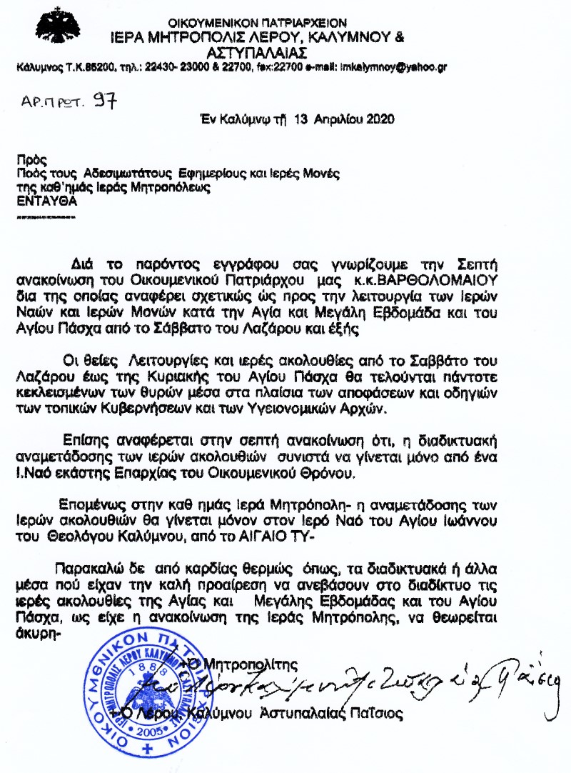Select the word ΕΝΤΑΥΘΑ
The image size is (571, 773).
click(x=46, y=201)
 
